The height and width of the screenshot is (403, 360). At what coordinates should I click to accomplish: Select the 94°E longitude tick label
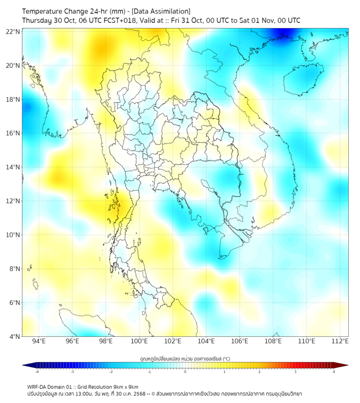tap(39, 341)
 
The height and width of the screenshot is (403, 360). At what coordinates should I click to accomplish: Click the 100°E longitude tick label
tap(140, 341)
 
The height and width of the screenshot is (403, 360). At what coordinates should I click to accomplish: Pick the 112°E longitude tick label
tap(340, 341)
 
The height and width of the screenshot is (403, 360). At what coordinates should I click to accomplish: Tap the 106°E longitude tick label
tap(240, 341)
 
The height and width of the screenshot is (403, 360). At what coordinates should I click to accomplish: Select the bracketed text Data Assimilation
tap(160, 11)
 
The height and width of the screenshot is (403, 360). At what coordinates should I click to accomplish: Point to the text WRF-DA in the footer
tap(36, 386)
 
